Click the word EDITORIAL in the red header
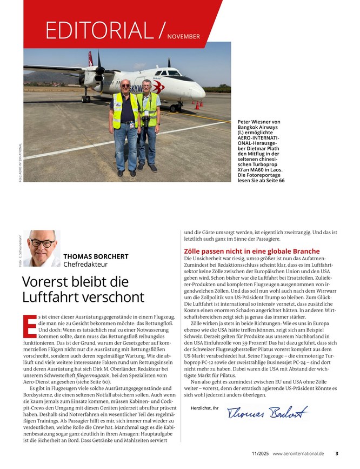[x=101, y=30]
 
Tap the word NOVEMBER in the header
[x=183, y=37]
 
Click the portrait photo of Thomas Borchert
[x=42, y=248]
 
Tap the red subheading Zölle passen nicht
[x=251, y=252]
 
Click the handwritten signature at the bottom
[x=268, y=413]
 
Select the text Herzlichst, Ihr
[x=205, y=407]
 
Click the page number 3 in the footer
[x=336, y=453]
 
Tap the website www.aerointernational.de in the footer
[x=298, y=453]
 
